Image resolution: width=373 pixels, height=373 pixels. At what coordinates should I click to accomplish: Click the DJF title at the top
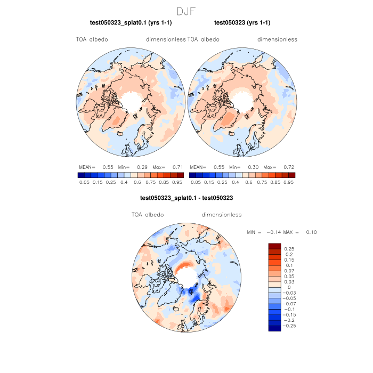[x=186, y=11]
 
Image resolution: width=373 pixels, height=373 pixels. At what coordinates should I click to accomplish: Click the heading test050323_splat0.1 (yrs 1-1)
[x=130, y=23]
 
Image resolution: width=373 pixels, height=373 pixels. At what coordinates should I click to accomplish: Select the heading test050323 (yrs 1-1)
[x=242, y=23]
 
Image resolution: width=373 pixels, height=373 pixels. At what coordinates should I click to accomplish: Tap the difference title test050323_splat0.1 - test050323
[x=186, y=198]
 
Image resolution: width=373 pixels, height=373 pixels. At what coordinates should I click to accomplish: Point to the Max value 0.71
[x=177, y=167]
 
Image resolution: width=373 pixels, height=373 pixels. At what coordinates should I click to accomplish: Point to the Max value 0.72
[x=288, y=167]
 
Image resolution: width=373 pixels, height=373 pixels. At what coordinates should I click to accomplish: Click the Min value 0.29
[x=142, y=167]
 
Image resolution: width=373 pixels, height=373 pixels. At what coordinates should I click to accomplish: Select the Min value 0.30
[x=253, y=167]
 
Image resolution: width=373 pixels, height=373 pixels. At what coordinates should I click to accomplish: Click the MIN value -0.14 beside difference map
[x=272, y=232]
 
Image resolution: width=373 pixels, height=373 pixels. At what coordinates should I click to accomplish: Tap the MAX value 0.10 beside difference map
[x=311, y=232]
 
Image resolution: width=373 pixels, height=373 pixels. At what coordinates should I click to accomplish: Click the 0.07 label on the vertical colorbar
[x=289, y=271]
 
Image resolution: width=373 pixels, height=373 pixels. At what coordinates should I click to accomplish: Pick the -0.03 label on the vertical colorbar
[x=291, y=293]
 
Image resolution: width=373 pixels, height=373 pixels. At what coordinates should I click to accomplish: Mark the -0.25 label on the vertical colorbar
[x=291, y=325]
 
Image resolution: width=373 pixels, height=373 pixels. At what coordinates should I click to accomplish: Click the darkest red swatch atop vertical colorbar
[x=274, y=246]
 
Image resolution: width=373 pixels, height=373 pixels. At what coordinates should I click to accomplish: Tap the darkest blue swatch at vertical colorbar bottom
[x=274, y=328]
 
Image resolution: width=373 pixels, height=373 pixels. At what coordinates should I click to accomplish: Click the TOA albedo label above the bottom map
[x=148, y=215]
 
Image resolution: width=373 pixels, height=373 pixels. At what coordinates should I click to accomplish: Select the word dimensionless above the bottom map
[x=222, y=215]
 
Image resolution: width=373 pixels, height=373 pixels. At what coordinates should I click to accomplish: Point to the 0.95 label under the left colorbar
[x=178, y=182]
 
